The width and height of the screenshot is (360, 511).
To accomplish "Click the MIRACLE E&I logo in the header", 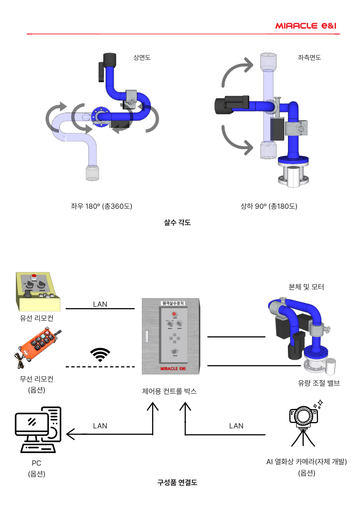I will tap(306, 26).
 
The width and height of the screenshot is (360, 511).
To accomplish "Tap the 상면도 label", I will tap(142, 58).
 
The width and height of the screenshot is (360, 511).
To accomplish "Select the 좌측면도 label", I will tap(309, 58).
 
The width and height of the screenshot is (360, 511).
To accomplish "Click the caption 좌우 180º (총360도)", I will tap(102, 206).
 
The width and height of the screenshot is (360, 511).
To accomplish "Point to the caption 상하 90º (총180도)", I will tap(269, 206).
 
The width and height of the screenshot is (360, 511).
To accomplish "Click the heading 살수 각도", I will tap(177, 223).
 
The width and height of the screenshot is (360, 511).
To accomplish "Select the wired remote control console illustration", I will tap(38, 292).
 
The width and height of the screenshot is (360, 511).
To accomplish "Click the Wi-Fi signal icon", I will tap(100, 354).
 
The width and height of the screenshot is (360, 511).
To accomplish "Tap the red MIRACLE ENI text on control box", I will tap(173, 369).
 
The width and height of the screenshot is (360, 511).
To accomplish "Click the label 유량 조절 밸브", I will tap(319, 383).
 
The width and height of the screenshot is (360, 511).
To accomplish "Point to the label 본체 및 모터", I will tap(306, 287).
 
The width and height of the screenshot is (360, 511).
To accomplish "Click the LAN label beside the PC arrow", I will tap(100, 426).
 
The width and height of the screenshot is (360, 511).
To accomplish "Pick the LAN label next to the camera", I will tap(236, 426).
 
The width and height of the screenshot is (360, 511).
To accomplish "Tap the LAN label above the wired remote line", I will tap(100, 304).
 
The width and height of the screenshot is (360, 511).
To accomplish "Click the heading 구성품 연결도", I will tap(177, 482).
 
